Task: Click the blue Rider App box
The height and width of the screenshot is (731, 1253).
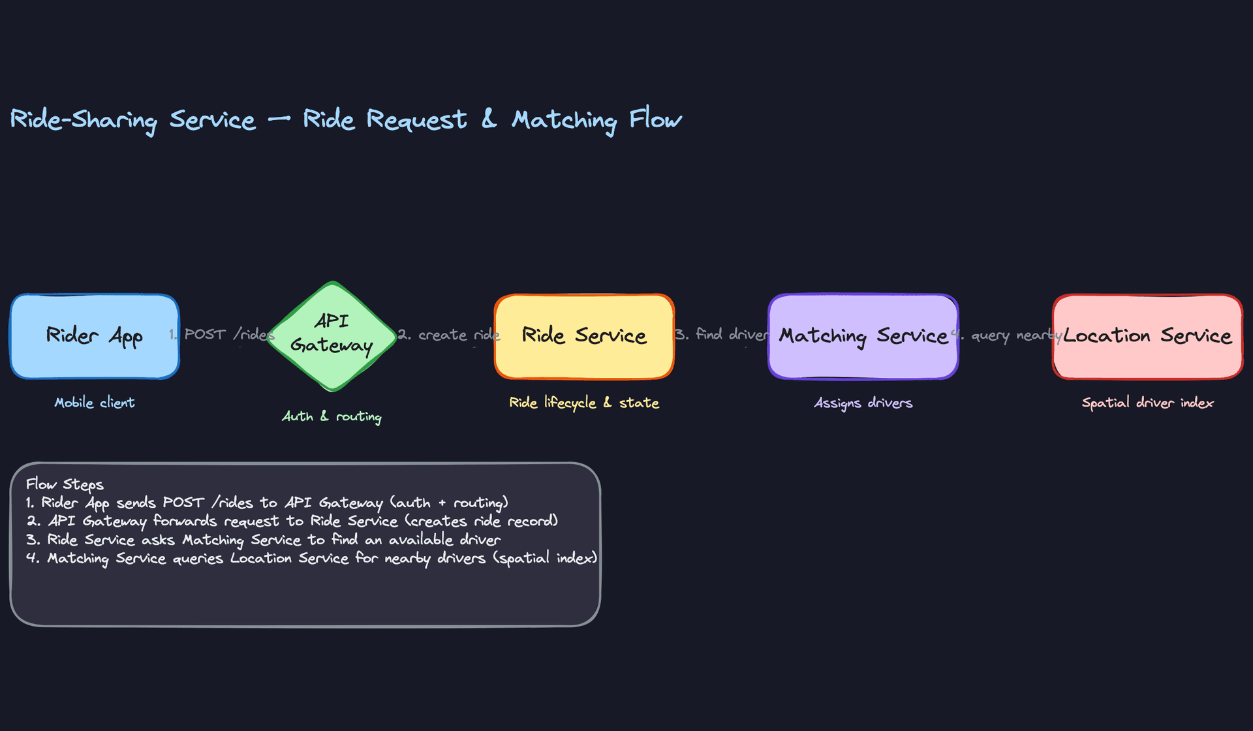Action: point(95,336)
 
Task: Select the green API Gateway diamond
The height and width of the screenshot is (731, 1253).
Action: point(332,335)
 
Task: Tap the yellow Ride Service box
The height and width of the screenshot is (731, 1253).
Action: point(584,336)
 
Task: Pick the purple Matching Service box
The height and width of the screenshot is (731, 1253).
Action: point(863,336)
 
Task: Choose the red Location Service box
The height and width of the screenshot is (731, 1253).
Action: point(1147,336)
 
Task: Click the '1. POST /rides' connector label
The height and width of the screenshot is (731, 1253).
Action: point(222,335)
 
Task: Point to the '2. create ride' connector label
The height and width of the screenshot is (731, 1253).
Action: point(449,335)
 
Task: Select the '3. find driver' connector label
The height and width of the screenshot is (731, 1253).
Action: point(722,335)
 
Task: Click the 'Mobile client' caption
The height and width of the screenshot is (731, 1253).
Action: point(95,403)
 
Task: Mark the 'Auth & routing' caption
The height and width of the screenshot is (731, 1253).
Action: point(332,416)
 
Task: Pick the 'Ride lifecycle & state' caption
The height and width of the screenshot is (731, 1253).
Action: point(584,403)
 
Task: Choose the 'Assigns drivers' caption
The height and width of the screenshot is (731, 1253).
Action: point(863,403)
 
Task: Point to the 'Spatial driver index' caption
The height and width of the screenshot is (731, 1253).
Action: point(1147,403)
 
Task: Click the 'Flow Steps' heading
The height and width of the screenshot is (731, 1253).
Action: point(65,484)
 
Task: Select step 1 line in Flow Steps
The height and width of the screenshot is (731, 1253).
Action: point(267,503)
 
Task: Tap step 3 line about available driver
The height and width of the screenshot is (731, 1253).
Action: point(264,540)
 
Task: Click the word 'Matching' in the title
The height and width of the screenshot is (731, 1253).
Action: point(564,120)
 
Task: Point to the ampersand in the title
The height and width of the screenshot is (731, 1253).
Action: point(489,119)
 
